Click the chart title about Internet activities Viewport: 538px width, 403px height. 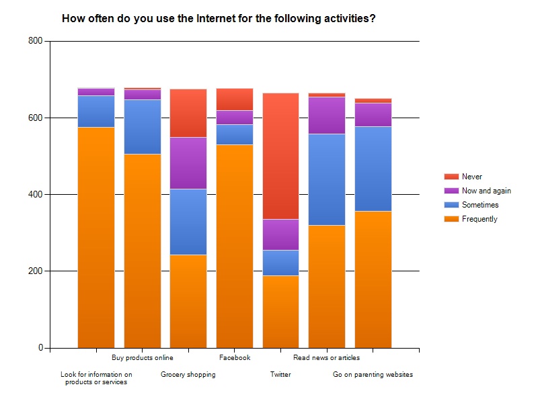pos(219,19)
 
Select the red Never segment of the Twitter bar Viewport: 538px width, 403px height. pos(280,156)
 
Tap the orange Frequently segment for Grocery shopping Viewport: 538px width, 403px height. pos(188,301)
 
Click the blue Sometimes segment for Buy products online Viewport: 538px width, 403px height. pos(143,126)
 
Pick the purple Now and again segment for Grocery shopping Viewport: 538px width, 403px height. pos(188,163)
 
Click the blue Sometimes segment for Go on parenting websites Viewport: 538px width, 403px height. pos(373,169)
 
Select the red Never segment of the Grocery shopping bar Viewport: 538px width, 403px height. pos(188,113)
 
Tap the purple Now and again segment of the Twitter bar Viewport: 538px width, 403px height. pos(280,234)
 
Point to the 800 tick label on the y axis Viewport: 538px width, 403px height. pos(36,41)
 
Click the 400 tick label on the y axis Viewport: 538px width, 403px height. pos(36,195)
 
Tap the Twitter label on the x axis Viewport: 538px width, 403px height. pos(280,375)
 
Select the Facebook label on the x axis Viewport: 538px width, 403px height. pos(235,358)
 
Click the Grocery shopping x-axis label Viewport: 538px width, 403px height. pos(188,375)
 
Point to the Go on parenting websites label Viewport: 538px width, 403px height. pos(373,375)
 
